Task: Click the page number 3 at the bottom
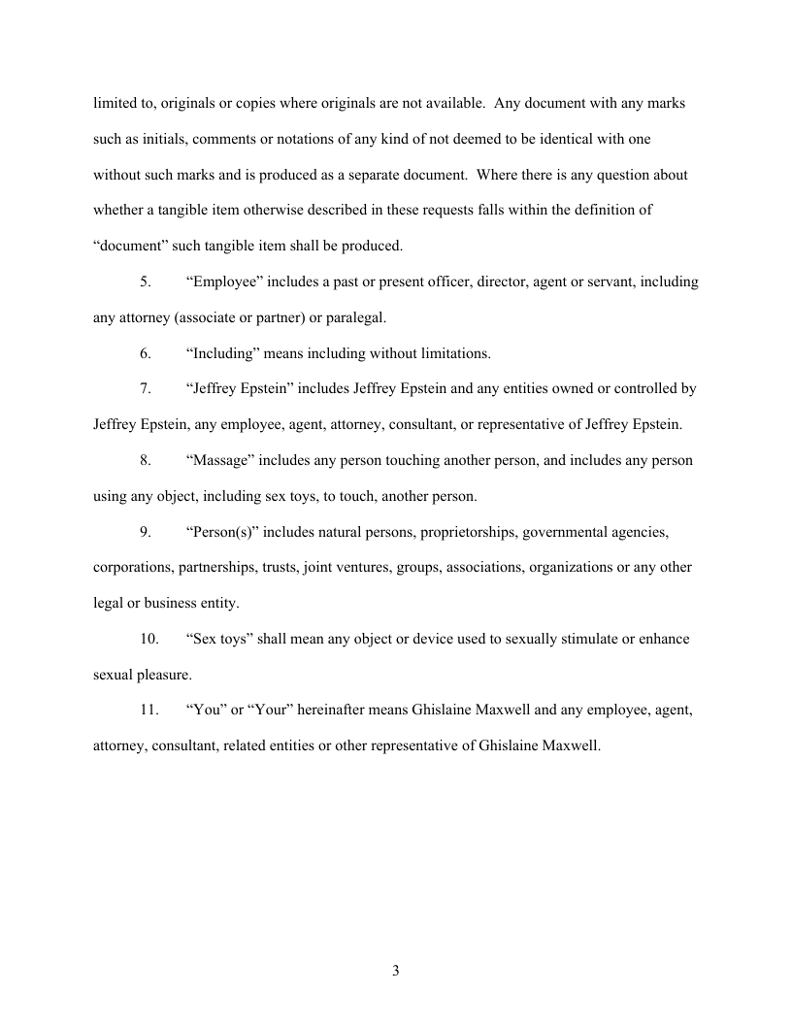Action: coord(396,970)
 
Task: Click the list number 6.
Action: coord(145,353)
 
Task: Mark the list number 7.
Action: coord(145,388)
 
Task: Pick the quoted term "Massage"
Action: coord(223,460)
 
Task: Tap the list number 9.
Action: coord(145,531)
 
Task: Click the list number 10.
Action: coord(148,639)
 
